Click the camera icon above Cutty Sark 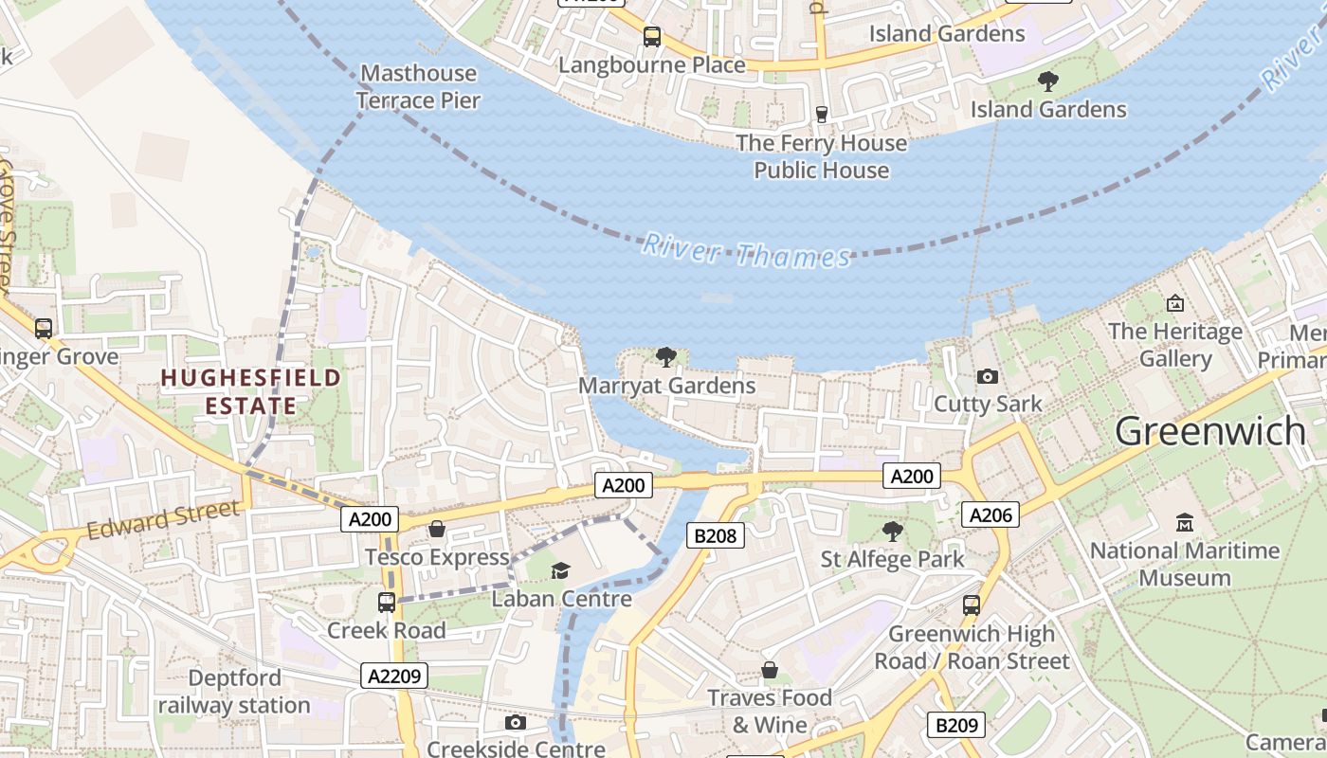987,376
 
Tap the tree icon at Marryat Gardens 666,357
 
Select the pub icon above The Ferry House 822,115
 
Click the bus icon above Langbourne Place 651,37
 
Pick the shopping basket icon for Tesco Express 437,529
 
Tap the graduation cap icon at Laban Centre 561,570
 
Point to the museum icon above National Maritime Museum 1184,523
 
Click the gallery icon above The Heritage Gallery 1175,303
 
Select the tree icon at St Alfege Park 892,531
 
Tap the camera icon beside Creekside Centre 515,723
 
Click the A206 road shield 991,514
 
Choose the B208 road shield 715,536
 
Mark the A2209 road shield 394,676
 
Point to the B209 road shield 955,726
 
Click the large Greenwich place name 1210,431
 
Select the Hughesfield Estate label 250,392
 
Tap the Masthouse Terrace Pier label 418,86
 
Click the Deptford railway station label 234,692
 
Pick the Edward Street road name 163,520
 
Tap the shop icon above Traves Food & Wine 770,671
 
